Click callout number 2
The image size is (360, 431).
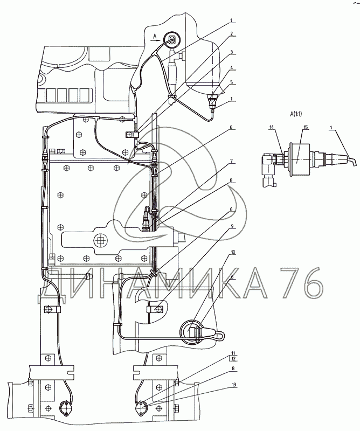pyautogui.click(x=232, y=33)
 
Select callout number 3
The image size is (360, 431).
pyautogui.click(x=232, y=52)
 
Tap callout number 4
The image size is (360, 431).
pyautogui.click(x=232, y=67)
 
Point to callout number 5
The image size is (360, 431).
pyautogui.click(x=232, y=82)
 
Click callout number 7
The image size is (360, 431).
pyautogui.click(x=232, y=161)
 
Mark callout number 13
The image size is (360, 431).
pyautogui.click(x=233, y=385)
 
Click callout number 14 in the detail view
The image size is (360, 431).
pyautogui.click(x=272, y=127)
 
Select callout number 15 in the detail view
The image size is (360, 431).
pyautogui.click(x=306, y=127)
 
